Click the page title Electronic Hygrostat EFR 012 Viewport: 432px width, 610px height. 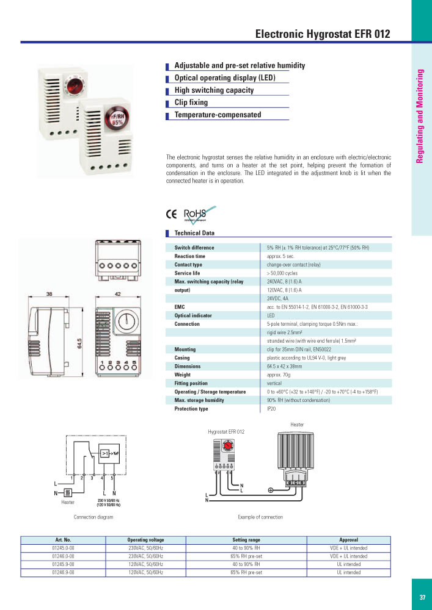coord(322,34)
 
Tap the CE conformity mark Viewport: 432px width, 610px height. coord(172,214)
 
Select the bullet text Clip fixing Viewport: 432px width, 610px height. coord(191,102)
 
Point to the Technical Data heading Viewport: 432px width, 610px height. coord(194,233)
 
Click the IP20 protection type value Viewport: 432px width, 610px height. coord(272,409)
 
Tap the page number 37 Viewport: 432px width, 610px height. coord(422,597)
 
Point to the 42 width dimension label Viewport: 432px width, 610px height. coord(119,294)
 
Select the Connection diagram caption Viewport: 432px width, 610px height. coord(93,517)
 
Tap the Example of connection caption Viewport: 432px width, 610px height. coord(260,517)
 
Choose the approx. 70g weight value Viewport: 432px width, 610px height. coord(278,375)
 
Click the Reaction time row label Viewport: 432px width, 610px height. coord(190,256)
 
